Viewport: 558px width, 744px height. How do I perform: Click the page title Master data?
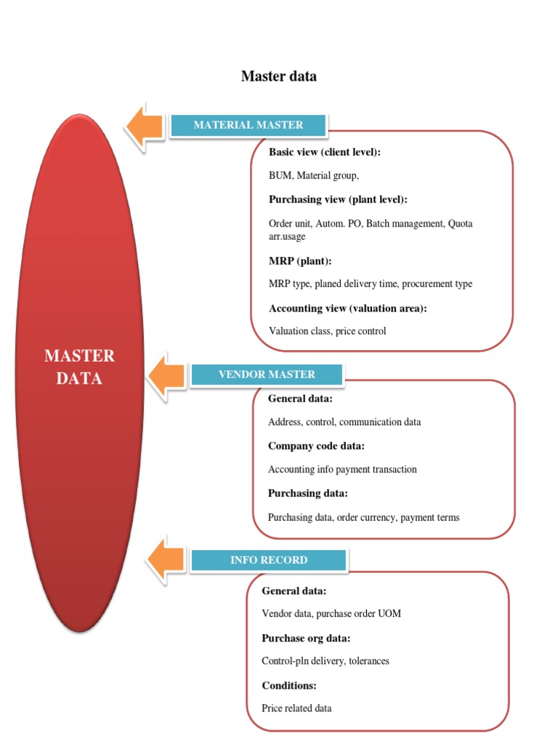coord(279,76)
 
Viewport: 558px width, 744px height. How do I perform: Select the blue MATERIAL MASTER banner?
coord(248,125)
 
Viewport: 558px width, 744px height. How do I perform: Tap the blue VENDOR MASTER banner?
coord(267,374)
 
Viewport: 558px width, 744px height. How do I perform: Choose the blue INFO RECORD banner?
coord(269,560)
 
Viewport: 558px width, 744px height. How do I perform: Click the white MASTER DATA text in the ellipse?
coord(79,367)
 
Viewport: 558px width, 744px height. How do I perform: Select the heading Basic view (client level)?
coord(325,153)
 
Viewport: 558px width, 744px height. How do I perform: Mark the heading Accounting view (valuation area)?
coord(347,308)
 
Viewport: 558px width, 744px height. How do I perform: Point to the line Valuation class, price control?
coord(327,331)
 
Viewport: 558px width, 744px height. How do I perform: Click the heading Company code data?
coord(316,445)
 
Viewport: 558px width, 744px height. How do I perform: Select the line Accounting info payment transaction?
coord(342,469)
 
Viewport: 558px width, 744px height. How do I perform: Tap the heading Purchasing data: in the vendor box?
coord(307,493)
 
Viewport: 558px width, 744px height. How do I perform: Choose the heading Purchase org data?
coord(306,638)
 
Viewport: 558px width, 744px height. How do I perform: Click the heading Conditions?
coord(289,685)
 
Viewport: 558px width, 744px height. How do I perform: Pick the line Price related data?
coord(296,708)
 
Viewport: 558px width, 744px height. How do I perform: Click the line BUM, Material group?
coord(314,176)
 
